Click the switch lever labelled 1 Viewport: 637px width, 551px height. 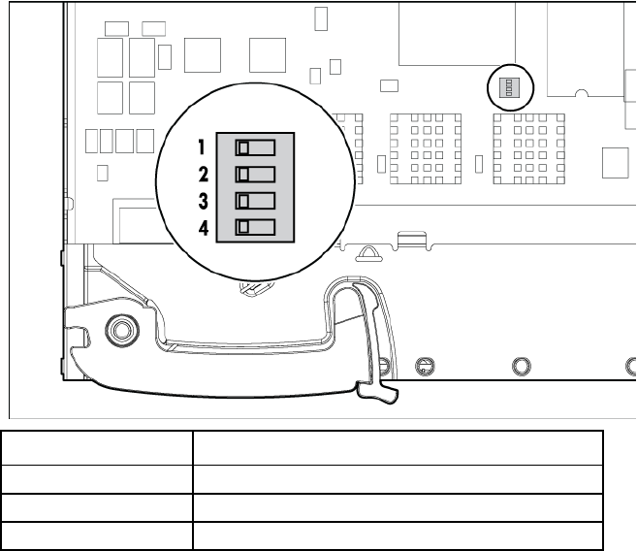tap(243, 147)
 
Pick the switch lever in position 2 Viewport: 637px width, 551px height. tap(243, 175)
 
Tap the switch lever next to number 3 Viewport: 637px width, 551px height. tap(243, 202)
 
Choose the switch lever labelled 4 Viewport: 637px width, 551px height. tap(243, 228)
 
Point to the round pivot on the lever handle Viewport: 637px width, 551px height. tap(120, 330)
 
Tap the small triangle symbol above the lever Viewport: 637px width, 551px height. tap(369, 254)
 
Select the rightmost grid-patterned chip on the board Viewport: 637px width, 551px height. tap(527, 146)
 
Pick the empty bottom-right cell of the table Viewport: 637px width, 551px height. tap(398, 536)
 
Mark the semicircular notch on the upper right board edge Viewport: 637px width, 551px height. tap(582, 94)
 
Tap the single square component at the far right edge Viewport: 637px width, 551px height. tap(616, 162)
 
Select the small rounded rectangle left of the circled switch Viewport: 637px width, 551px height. tap(389, 85)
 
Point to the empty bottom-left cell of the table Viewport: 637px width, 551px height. tap(95, 536)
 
